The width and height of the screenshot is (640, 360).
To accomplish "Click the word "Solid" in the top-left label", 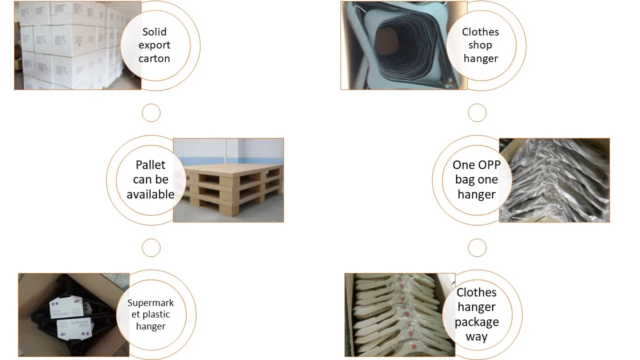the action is (x=154, y=32).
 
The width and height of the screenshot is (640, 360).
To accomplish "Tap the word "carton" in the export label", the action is (x=154, y=58).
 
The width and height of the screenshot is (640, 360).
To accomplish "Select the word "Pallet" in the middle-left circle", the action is (x=150, y=165).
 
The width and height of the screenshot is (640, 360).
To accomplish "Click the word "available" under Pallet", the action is (x=150, y=194).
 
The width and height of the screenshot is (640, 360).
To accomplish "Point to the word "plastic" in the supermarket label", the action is (x=150, y=314).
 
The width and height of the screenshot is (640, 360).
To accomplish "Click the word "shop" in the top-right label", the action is (x=480, y=45).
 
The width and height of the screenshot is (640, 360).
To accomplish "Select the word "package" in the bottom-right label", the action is (x=476, y=321).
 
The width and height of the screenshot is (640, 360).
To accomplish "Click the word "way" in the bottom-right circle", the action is (x=476, y=336).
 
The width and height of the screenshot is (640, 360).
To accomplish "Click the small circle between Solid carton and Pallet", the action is (x=151, y=113).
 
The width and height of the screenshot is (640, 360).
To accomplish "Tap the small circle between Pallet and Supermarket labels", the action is (x=151, y=247).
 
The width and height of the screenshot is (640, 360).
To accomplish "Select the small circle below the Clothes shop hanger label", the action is (x=477, y=113).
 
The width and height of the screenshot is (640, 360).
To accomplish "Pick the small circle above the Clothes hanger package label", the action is (x=477, y=247).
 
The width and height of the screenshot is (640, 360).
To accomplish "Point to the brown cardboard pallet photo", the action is (x=235, y=180).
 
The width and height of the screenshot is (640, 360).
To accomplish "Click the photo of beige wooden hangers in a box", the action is (x=395, y=315).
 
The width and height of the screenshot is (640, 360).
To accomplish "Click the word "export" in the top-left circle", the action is (x=154, y=45).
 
